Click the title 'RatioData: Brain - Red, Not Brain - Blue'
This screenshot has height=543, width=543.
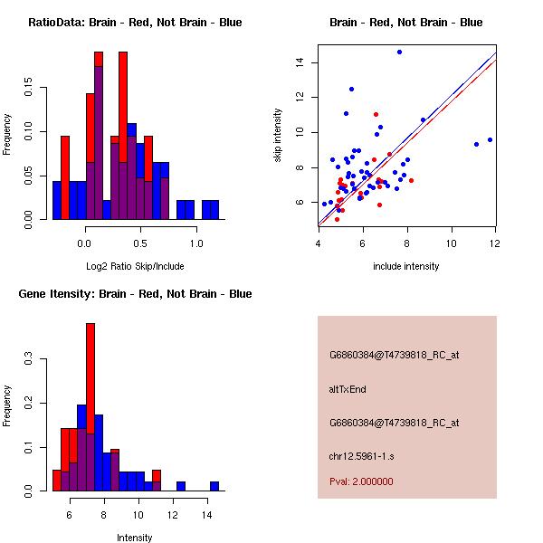point(135,23)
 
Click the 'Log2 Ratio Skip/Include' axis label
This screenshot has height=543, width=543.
point(134,266)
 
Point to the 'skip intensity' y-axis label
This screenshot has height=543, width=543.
point(279,136)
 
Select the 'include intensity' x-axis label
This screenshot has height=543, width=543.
point(406,266)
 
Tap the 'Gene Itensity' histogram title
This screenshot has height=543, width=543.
point(134,294)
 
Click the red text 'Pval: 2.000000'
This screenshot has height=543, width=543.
point(361,481)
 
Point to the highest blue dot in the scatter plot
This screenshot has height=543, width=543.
point(399,52)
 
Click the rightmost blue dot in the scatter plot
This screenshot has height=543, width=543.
point(490,139)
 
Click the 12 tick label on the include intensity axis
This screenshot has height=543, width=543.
point(495,243)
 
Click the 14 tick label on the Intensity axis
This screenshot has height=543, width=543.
point(206,514)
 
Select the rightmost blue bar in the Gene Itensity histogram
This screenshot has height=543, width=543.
point(214,486)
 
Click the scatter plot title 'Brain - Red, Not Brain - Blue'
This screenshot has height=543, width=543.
point(406,23)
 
